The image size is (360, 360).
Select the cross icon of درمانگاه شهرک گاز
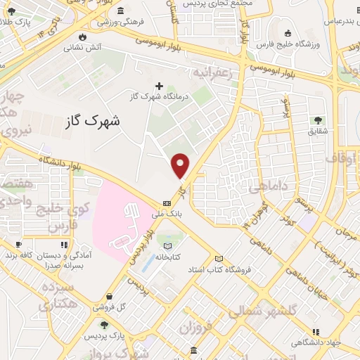(x=160, y=86)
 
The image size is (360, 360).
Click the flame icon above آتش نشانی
(x=83, y=37)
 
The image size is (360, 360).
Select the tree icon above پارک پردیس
(x=105, y=325)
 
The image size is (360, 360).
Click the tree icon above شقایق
(x=319, y=120)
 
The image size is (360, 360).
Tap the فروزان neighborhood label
(x=195, y=328)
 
